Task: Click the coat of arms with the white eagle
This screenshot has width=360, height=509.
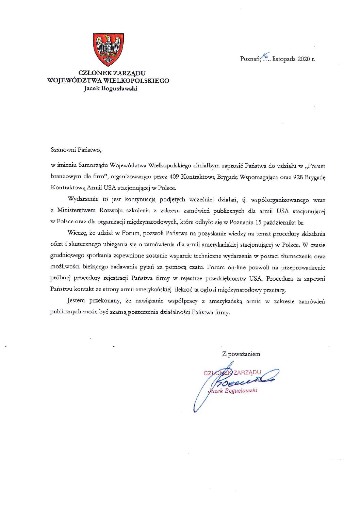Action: (x=108, y=49)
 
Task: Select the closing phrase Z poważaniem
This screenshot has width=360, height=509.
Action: (x=241, y=354)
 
